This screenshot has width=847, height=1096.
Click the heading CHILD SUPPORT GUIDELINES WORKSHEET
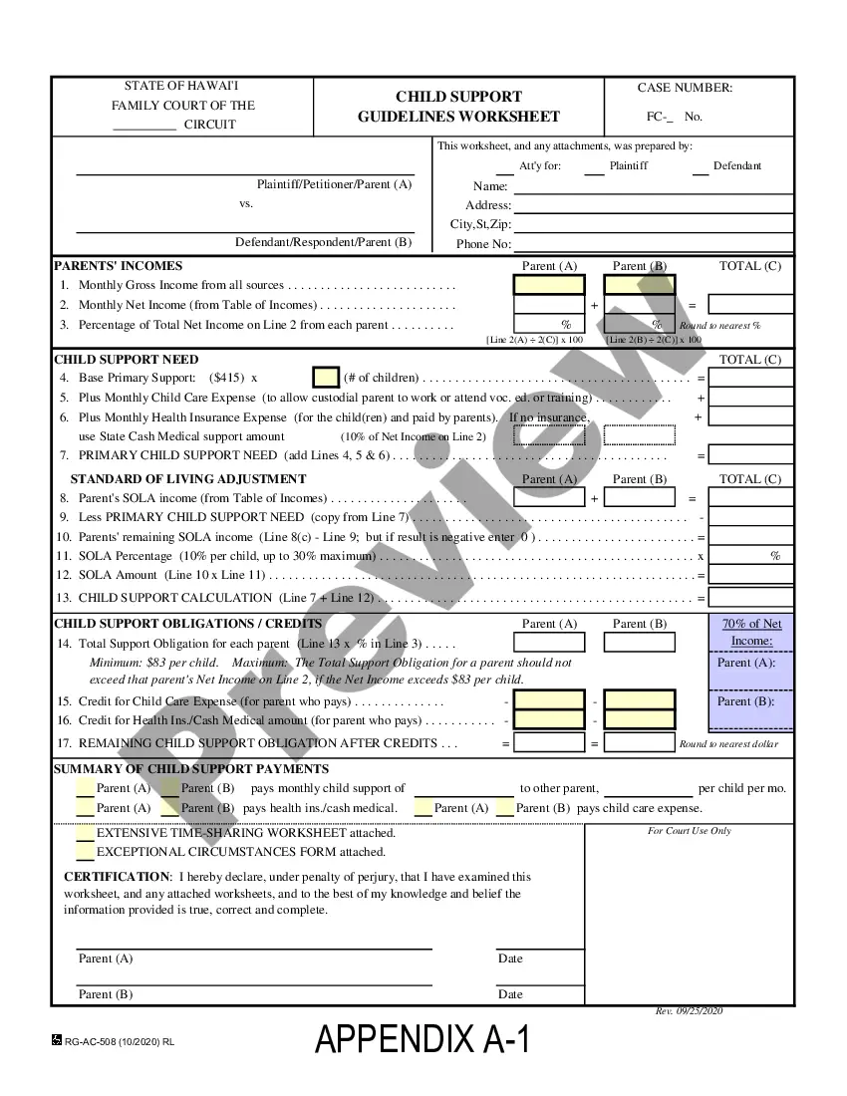pyautogui.click(x=458, y=107)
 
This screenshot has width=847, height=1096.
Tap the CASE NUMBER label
pyautogui.click(x=685, y=88)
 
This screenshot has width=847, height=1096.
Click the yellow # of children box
pyautogui.click(x=326, y=378)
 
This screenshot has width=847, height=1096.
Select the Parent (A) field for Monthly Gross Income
pyautogui.click(x=549, y=285)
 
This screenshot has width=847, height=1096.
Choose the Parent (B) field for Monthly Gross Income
pyautogui.click(x=639, y=285)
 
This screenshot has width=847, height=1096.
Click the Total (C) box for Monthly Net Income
pyautogui.click(x=750, y=305)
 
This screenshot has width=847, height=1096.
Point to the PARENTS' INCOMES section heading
pyautogui.click(x=118, y=266)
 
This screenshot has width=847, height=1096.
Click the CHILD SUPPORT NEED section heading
pyautogui.click(x=126, y=360)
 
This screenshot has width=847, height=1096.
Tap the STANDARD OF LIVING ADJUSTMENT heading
pyautogui.click(x=188, y=479)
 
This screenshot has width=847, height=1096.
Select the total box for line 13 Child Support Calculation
pyautogui.click(x=750, y=598)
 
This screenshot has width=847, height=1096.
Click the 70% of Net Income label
pyautogui.click(x=751, y=632)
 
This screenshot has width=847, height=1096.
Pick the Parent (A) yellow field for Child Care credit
pyautogui.click(x=549, y=700)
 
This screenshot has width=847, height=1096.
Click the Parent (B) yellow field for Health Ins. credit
pyautogui.click(x=639, y=719)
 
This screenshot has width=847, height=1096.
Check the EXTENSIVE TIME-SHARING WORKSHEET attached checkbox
pyautogui.click(x=86, y=833)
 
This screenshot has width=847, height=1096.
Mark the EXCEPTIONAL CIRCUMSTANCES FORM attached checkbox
pyautogui.click(x=86, y=852)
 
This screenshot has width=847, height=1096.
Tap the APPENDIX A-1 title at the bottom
pyautogui.click(x=423, y=1039)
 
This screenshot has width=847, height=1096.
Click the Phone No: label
pyautogui.click(x=483, y=244)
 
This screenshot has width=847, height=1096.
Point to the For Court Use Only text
pyautogui.click(x=689, y=831)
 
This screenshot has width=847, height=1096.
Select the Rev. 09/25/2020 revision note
pyautogui.click(x=689, y=1011)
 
